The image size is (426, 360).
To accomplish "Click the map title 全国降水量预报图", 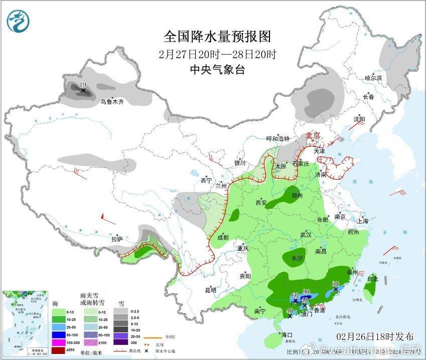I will tap(217, 37).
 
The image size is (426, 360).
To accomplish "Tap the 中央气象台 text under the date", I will tap(217, 70).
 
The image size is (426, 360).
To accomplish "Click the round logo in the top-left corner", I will tap(19, 21).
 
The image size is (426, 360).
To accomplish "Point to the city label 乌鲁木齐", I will tap(111, 102).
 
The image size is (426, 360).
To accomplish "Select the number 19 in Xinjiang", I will tap(83, 86).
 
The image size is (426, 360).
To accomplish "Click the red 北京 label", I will tap(314, 135).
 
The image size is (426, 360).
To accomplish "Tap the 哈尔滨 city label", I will tap(373, 78).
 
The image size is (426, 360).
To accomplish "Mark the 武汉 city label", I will tap(306, 235).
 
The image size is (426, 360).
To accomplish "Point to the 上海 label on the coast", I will tap(363, 221).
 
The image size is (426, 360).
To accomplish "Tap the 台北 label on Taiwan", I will tap(372, 279).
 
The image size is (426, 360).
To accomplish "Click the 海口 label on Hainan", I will tap(287, 334).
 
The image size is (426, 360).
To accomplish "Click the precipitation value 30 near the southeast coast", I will tap(336, 283).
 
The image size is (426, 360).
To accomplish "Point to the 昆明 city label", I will tap(210, 290).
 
